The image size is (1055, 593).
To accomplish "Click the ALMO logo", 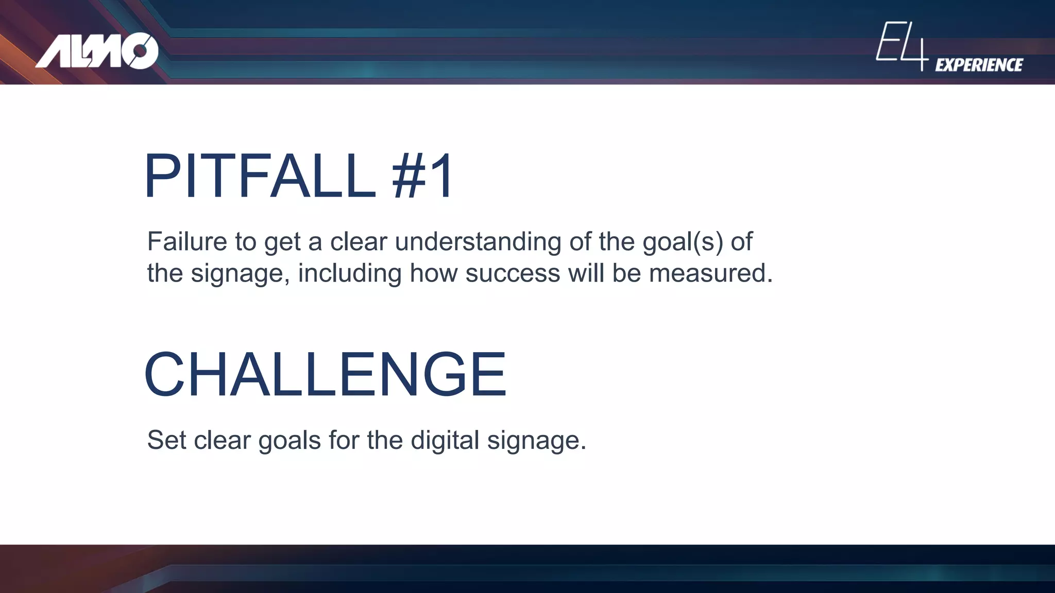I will (97, 51).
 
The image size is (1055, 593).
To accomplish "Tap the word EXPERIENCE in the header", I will (979, 65).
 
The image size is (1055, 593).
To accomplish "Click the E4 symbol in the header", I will (901, 45).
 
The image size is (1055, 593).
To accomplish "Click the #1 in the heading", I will (422, 176).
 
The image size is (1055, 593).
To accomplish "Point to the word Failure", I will (187, 241).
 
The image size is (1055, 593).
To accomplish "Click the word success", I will (513, 273).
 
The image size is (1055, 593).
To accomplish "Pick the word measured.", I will (710, 273).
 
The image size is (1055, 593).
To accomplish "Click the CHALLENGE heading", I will (326, 374).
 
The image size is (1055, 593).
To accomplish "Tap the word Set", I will (166, 440).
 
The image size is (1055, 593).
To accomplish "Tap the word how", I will (434, 273).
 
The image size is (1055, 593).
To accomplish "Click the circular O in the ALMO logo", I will (140, 51).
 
